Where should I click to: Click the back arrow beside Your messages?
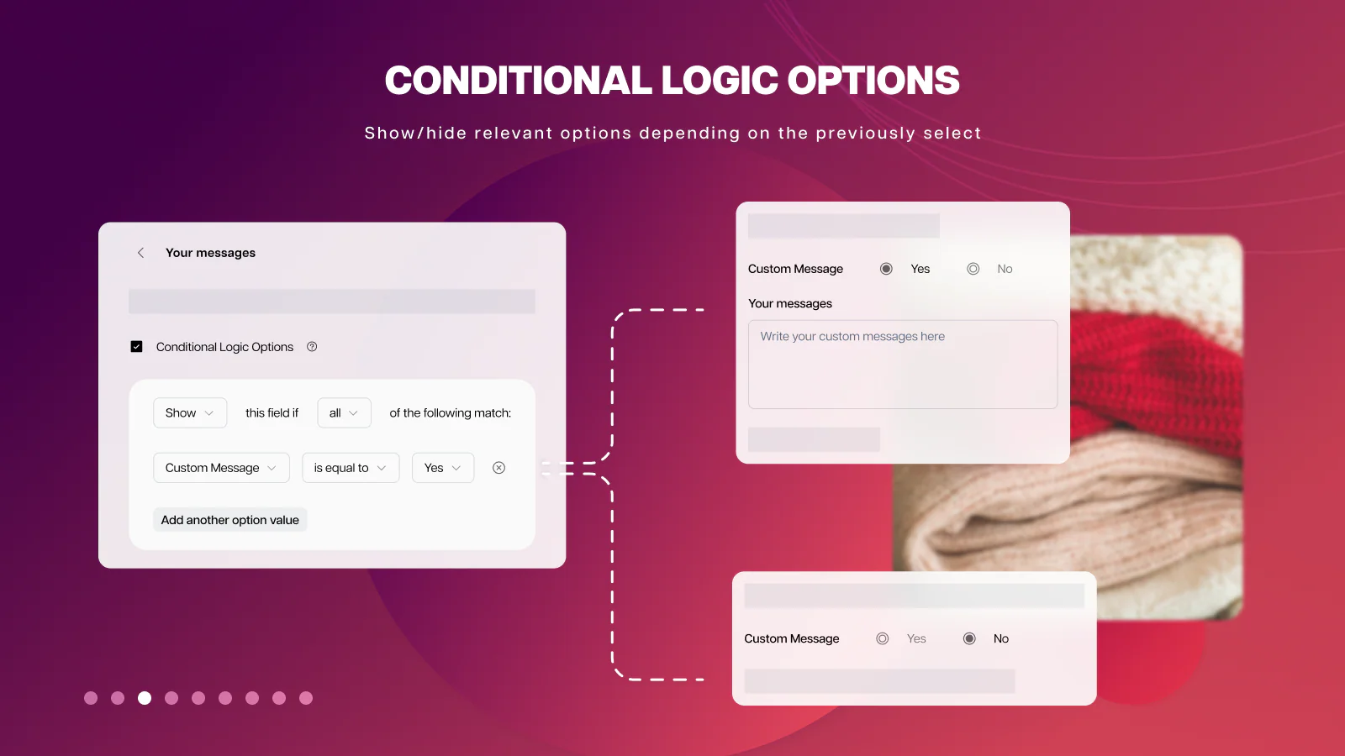[140, 253]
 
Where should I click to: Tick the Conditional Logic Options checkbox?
[136, 347]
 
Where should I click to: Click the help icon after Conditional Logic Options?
[312, 347]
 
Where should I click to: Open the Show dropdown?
[190, 412]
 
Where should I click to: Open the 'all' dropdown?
[344, 412]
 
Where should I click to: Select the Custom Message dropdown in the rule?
[221, 468]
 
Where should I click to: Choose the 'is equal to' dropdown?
[351, 468]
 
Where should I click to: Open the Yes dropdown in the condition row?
[442, 468]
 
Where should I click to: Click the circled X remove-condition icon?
[498, 468]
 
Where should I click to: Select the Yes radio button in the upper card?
[886, 269]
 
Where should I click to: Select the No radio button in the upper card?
[973, 269]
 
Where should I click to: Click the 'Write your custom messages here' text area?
[903, 365]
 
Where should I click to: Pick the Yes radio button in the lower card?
[882, 638]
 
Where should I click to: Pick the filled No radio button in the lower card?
[969, 638]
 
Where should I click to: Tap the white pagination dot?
[144, 698]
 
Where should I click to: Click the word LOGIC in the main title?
[720, 81]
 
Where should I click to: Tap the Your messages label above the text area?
[789, 303]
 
